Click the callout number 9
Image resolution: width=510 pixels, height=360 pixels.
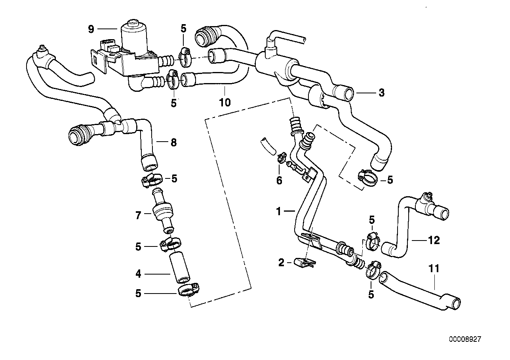91,28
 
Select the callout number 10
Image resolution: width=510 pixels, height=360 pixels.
225,102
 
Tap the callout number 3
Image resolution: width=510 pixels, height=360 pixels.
381,93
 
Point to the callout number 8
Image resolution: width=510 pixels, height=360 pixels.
173,142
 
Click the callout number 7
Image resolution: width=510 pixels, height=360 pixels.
138,216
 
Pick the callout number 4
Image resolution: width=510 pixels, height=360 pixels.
138,273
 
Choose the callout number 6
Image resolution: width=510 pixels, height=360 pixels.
279,181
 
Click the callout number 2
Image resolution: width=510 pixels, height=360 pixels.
281,262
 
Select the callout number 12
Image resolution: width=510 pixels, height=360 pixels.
434,240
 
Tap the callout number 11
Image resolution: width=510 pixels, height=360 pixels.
434,269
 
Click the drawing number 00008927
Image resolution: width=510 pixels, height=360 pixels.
465,339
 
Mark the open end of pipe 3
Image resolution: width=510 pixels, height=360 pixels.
349,95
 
